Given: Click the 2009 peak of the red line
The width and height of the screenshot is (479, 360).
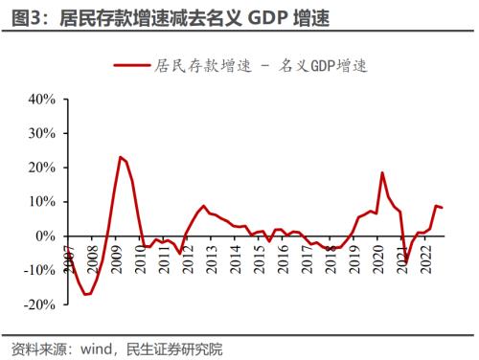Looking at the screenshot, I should [120, 157].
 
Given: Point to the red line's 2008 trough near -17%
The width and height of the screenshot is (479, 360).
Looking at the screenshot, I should [86, 294].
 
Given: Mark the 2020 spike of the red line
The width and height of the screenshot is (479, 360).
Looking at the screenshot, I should [382, 173].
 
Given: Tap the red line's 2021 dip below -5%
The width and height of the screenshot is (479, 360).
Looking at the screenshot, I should [406, 262].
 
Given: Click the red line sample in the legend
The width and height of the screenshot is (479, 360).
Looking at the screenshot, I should [131, 66].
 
